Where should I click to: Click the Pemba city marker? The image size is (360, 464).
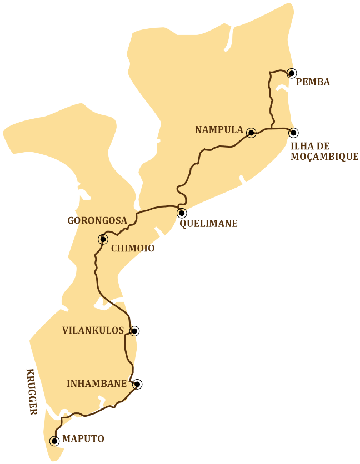(x=292, y=73)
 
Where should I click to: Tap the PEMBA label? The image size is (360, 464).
(x=313, y=82)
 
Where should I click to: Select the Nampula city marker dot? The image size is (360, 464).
(x=251, y=133)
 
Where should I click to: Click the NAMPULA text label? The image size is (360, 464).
(x=219, y=130)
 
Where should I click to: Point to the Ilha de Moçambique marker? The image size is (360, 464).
(x=293, y=133)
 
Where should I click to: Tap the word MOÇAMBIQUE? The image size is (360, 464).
(x=324, y=157)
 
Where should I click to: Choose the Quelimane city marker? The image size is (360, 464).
(x=182, y=213)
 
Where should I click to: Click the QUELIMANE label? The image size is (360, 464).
(x=208, y=224)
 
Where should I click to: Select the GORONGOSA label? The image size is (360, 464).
(x=97, y=220)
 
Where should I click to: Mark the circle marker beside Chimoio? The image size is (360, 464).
(x=103, y=239)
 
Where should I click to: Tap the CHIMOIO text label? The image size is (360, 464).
(x=133, y=249)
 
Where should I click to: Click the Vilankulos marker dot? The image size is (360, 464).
(x=134, y=331)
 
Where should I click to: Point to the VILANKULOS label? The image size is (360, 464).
(x=93, y=330)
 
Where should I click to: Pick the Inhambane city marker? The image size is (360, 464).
(x=137, y=384)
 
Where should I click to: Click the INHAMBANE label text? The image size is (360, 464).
(x=97, y=384)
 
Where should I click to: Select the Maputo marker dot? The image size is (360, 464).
(x=54, y=441)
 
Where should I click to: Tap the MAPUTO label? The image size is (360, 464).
(x=83, y=438)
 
